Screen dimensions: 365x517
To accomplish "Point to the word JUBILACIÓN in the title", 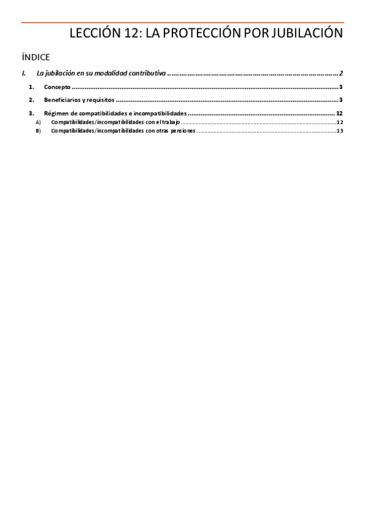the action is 307,34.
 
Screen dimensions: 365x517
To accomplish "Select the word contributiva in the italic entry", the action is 147,74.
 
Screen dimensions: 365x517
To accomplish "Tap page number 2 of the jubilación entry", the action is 342,74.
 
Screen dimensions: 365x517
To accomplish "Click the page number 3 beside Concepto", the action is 342,87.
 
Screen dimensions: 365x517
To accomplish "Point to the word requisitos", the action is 100,100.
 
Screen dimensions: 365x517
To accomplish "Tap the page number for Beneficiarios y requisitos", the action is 342,100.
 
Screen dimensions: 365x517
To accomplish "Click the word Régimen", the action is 55,114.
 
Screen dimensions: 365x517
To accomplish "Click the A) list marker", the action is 38,123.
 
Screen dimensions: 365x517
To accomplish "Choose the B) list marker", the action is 38,130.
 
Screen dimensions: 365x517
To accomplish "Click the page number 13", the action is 340,130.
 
